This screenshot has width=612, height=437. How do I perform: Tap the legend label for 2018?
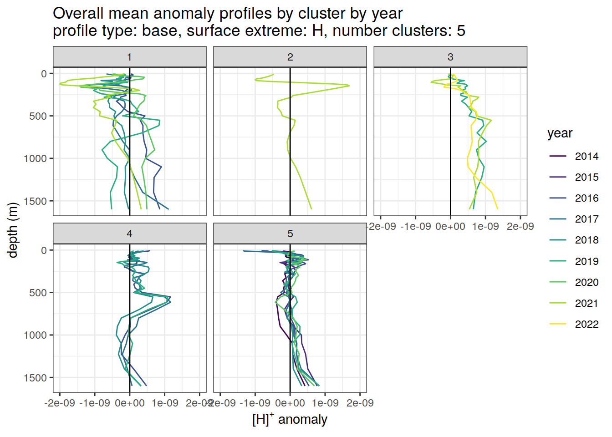[586, 240]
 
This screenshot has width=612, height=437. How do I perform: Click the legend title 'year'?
[560, 133]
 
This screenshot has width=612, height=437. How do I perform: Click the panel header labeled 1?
[129, 57]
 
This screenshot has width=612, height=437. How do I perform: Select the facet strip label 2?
[290, 57]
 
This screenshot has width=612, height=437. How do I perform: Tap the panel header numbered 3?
[450, 57]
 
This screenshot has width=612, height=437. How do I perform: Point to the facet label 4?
[129, 234]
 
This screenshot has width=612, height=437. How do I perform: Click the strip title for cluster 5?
[290, 234]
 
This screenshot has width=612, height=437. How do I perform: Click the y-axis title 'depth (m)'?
[13, 230]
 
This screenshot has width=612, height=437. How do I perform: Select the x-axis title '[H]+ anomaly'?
[290, 419]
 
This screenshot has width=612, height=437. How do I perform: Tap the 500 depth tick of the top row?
[38, 116]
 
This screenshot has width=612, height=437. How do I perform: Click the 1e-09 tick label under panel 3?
[485, 226]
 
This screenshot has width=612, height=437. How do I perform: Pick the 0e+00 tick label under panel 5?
[290, 403]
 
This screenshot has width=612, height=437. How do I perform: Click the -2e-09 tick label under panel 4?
[60, 403]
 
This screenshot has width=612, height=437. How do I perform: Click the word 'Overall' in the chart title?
[78, 14]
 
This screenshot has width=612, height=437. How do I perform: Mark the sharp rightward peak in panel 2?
[348, 86]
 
